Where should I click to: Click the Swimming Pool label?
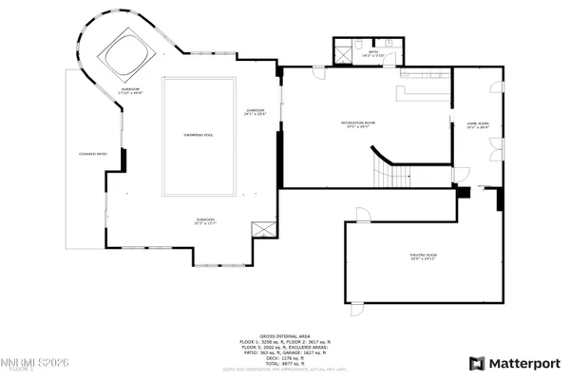[199, 135]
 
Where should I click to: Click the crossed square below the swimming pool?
[262, 230]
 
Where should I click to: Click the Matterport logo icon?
[478, 363]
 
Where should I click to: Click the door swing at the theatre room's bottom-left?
[357, 306]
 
